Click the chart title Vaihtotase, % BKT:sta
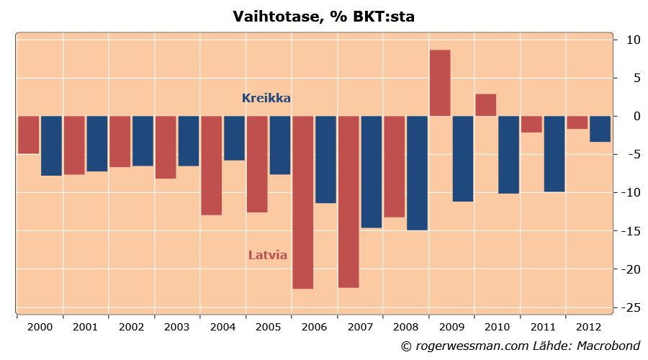point(324,17)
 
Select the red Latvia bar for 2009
point(440,83)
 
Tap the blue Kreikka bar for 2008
point(417,173)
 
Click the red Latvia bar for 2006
point(302,202)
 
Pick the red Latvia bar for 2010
point(485,105)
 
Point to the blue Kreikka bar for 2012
point(600,129)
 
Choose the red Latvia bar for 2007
point(348,202)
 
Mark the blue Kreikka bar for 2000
point(51,145)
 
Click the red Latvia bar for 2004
point(211,166)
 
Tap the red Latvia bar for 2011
point(531,124)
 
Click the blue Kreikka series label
point(266,98)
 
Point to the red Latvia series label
point(268,255)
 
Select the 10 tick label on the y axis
point(633,40)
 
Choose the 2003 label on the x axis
point(177,327)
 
